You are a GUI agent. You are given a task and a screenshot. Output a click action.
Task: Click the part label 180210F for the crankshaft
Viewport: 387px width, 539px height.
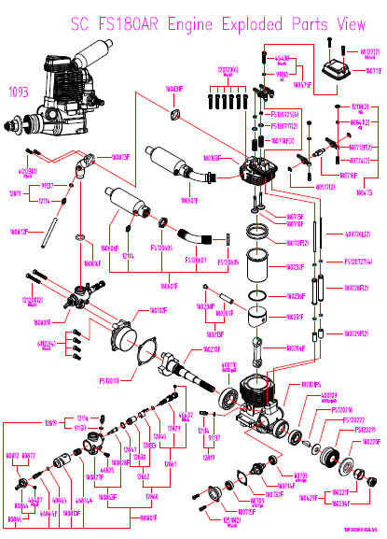tap(184, 349)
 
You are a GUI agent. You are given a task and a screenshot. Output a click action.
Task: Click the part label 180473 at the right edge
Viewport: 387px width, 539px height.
tap(362, 191)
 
